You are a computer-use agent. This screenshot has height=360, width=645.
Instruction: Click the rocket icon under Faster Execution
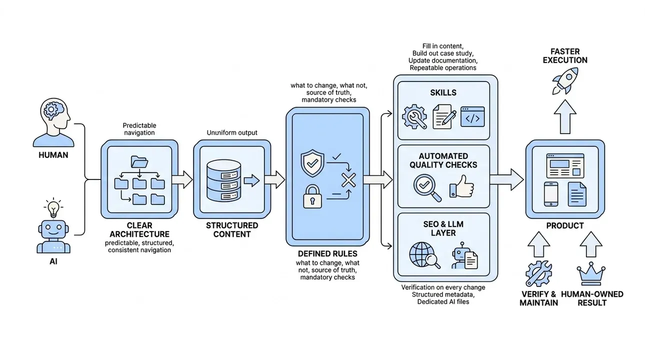(565, 81)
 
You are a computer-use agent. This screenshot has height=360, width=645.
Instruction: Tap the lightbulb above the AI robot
(53, 208)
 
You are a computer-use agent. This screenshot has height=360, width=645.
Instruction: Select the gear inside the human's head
(51, 109)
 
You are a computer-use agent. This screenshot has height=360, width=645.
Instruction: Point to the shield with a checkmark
(312, 163)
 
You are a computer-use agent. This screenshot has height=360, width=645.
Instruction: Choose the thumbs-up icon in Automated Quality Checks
(461, 186)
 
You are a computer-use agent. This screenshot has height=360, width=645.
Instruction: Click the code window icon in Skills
(472, 117)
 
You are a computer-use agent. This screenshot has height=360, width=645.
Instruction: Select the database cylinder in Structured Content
(223, 180)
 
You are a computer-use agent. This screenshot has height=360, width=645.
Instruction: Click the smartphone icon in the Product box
(551, 194)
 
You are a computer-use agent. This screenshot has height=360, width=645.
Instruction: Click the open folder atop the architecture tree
(139, 162)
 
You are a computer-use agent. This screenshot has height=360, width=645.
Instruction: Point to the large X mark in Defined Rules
(348, 180)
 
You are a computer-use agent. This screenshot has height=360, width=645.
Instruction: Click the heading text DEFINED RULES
(327, 253)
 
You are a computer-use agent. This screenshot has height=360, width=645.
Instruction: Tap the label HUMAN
(53, 155)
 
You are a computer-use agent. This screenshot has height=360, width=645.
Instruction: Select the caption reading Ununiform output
(232, 133)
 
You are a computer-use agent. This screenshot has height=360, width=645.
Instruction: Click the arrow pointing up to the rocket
(565, 116)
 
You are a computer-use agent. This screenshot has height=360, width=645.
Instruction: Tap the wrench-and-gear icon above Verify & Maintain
(538, 273)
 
